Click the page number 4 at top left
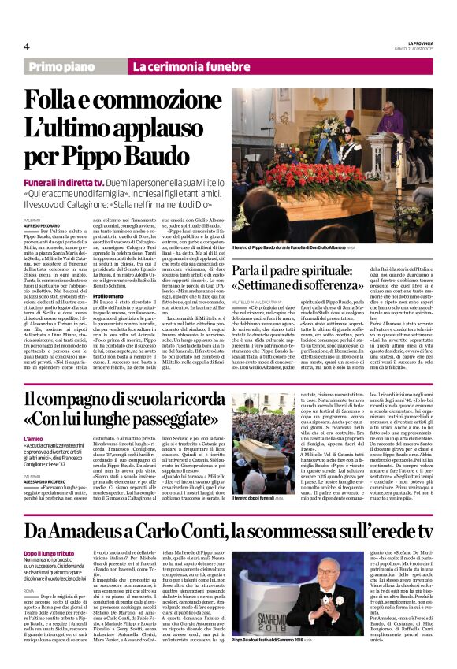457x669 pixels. point(26,46)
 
